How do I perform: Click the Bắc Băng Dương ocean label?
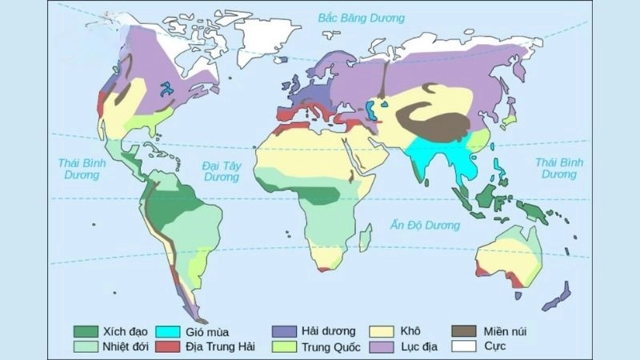click(x=361, y=17)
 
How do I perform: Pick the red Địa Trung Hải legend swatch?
click(x=167, y=347)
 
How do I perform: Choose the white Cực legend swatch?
click(x=464, y=347)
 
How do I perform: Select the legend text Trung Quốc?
click(x=331, y=347)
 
